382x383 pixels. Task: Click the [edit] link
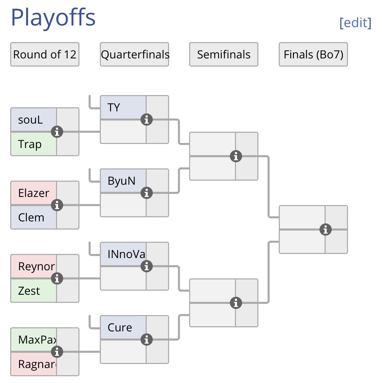coord(355,23)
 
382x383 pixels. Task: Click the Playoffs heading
coord(53,17)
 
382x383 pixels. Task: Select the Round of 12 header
coord(45,54)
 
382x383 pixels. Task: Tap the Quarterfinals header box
coord(134,54)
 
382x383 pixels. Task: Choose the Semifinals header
coord(224,54)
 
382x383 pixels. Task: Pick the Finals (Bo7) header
coord(313,54)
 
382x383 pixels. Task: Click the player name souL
coord(31,120)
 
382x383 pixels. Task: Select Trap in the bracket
coord(30,144)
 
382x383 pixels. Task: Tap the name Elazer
coord(34,193)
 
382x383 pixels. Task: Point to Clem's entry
coord(31,217)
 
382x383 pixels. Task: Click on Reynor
coord(36,267)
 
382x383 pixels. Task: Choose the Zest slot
coord(29,291)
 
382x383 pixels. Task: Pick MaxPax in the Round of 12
coord(37,340)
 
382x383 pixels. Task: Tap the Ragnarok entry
coord(37,364)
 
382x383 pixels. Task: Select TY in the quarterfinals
coord(114,108)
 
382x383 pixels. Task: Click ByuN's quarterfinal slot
coord(121,181)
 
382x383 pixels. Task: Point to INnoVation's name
coord(126,254)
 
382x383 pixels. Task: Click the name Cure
coord(120,328)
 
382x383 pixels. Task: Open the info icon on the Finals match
coord(325,230)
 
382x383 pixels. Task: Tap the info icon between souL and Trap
coord(57,132)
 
